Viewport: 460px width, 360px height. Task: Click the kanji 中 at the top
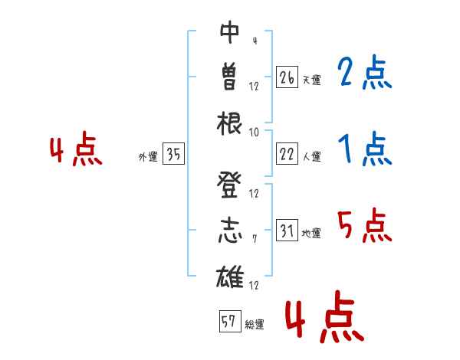tap(230, 32)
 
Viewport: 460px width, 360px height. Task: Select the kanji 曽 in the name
tap(229, 77)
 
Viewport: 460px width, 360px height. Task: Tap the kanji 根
tap(229, 123)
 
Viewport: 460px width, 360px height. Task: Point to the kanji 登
tap(229, 185)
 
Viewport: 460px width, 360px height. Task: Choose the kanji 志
tap(230, 231)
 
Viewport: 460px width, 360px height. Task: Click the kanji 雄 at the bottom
tap(230, 277)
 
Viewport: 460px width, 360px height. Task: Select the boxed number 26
tap(287, 77)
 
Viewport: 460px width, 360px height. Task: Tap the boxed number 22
tap(287, 154)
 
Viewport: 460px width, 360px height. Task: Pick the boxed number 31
tap(287, 230)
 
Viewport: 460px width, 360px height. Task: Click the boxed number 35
tap(174, 154)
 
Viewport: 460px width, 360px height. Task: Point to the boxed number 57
tap(230, 321)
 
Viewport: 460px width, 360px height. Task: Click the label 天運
tap(312, 80)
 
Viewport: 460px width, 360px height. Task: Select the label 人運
tap(312, 156)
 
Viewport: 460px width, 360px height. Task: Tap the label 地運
tap(311, 233)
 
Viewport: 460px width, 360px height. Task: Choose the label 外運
tap(148, 156)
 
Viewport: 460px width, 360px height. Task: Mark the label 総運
tap(255, 324)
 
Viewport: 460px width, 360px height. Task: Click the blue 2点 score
tap(364, 72)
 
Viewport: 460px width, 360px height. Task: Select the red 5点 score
tap(364, 225)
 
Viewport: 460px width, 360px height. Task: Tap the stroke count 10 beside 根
tap(254, 133)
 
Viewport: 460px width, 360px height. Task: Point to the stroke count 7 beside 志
tap(255, 239)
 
